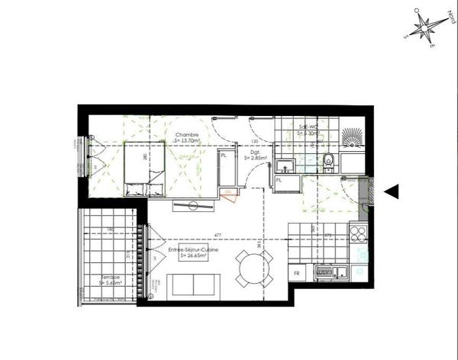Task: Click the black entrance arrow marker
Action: pyautogui.click(x=391, y=192)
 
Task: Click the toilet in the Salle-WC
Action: pyautogui.click(x=328, y=161)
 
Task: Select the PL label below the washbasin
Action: pyautogui.click(x=279, y=181)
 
